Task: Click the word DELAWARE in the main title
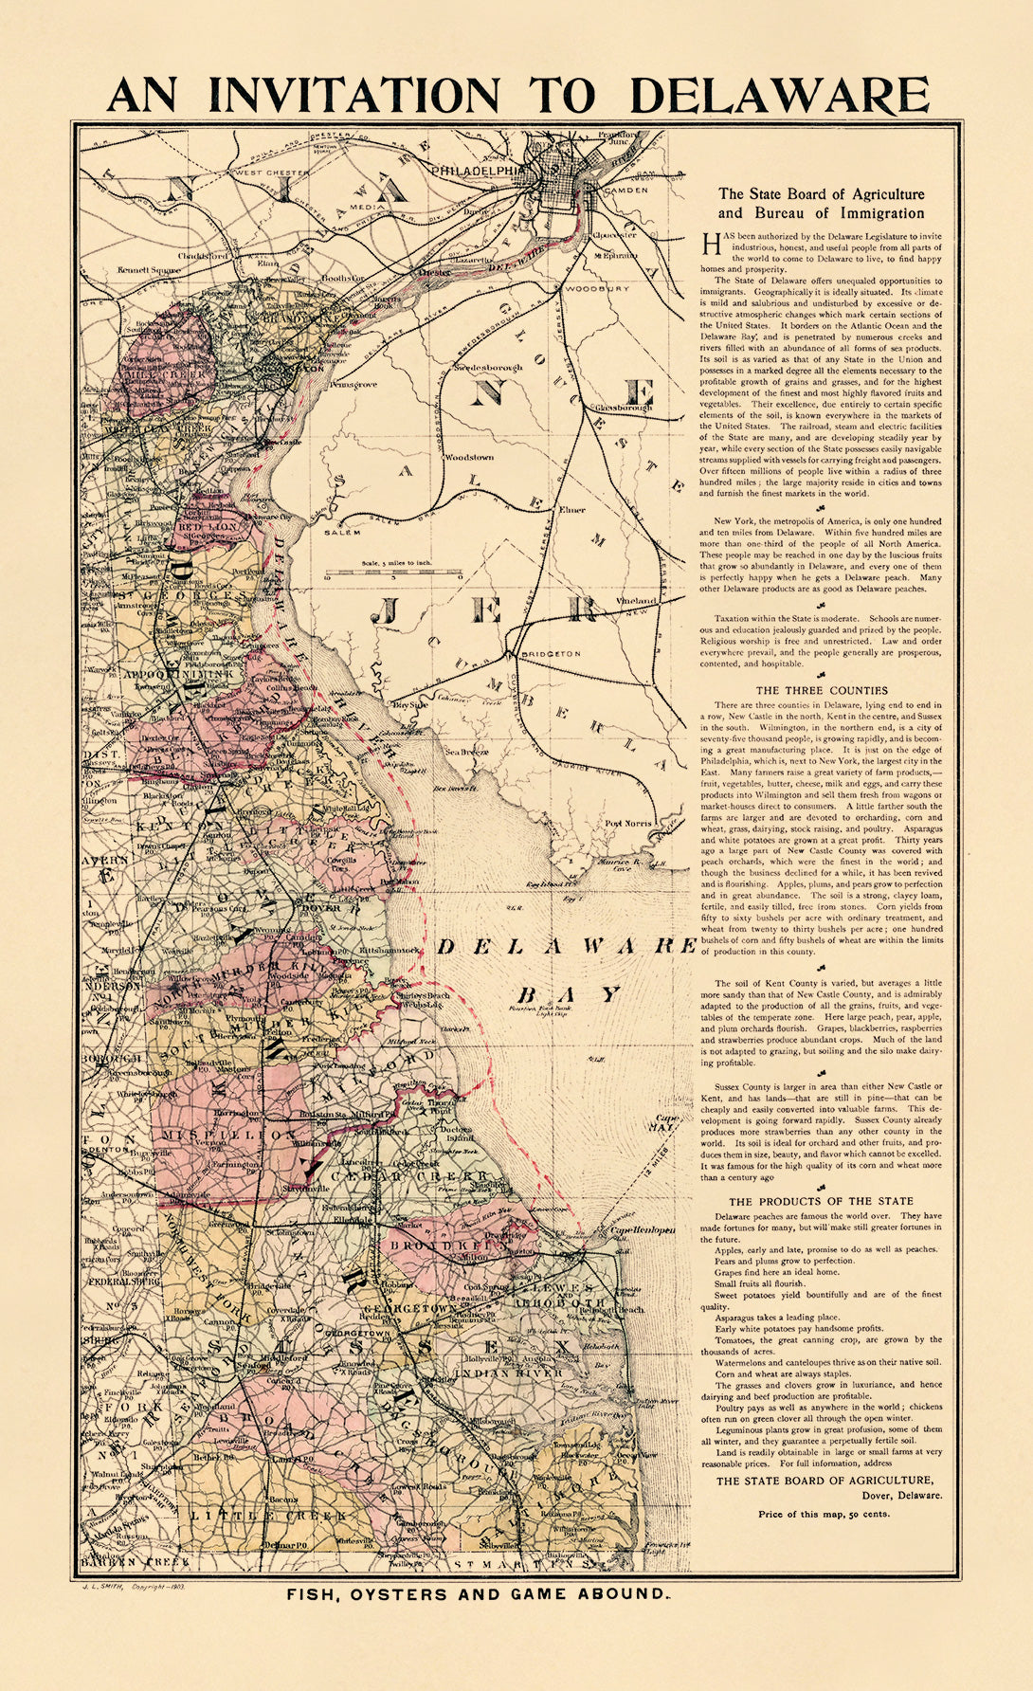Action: (x=779, y=95)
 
